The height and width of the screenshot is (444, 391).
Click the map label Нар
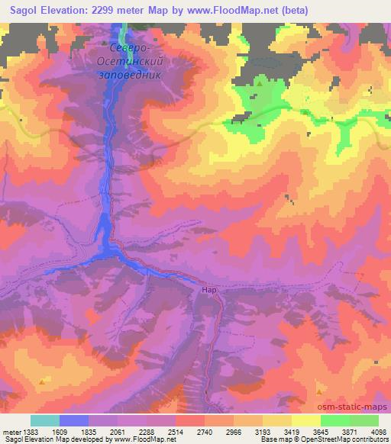tap(211, 290)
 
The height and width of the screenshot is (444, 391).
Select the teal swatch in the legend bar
tap(45, 420)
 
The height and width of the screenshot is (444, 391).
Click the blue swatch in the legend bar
tap(74, 420)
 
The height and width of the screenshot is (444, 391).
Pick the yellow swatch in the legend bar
tap(305, 420)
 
